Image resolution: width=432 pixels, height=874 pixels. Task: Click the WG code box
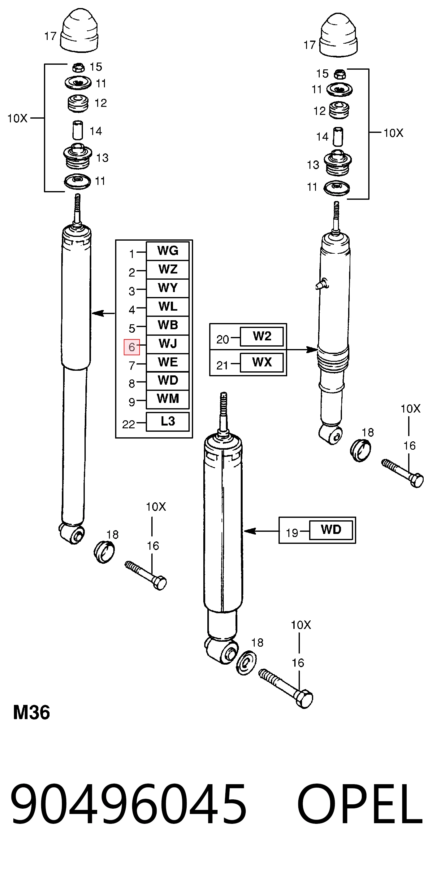(167, 251)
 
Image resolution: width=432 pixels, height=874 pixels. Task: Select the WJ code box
(167, 344)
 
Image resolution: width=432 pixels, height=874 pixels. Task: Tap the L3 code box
(167, 422)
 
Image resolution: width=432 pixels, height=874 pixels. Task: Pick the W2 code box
(262, 337)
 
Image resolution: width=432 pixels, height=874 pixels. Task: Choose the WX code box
(262, 362)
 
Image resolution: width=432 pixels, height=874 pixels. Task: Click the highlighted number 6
(132, 347)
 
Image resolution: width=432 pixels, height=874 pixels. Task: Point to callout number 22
(128, 424)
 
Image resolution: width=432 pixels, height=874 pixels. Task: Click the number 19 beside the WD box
(292, 533)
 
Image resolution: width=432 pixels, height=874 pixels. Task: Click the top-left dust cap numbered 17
(79, 31)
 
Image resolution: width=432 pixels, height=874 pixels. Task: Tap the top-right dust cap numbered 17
(339, 35)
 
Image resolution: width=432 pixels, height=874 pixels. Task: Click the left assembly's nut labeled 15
(78, 67)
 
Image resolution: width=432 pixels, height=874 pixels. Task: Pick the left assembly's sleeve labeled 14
(78, 130)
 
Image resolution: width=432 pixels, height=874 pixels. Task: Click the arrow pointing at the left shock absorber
(103, 313)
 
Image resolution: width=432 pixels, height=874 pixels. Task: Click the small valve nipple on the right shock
(322, 284)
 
